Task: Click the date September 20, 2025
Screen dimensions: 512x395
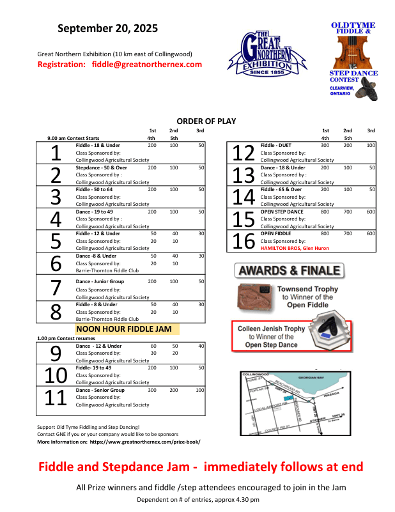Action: tap(107, 29)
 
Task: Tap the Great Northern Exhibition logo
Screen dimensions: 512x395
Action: tap(267, 52)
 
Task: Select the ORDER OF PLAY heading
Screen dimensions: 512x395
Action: tap(206, 121)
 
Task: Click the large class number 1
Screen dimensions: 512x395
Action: tap(56, 153)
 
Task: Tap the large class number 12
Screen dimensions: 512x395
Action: tap(244, 153)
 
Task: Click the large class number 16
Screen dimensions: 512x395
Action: tap(244, 241)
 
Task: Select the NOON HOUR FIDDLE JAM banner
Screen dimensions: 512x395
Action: tap(127, 329)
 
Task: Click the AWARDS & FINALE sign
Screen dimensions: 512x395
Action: tap(290, 270)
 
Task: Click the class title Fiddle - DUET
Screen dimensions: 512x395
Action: tap(276, 146)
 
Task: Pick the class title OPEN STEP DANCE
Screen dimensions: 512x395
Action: tap(282, 212)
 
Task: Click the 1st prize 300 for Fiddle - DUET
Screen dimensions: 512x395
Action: tap(325, 146)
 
